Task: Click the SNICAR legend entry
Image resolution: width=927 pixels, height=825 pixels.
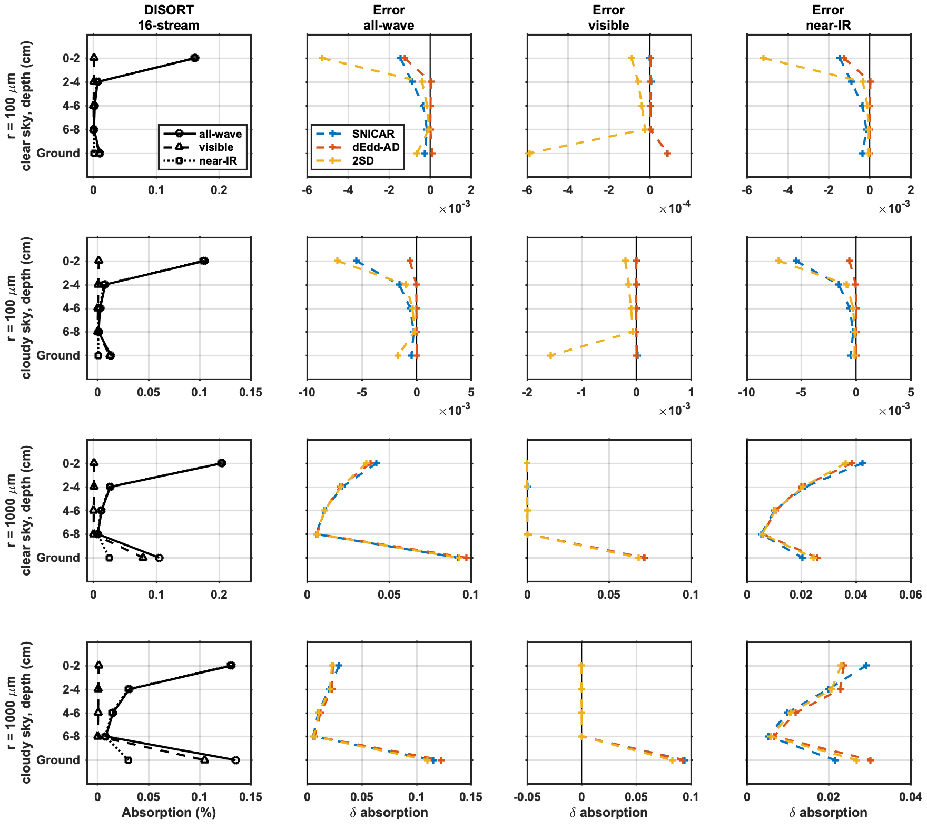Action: click(373, 134)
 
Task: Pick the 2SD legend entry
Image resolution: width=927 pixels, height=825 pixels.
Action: click(363, 161)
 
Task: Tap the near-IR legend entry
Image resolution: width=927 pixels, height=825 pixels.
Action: click(218, 161)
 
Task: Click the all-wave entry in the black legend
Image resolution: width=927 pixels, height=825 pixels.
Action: click(220, 134)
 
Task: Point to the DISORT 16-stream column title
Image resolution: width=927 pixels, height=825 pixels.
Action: click(169, 18)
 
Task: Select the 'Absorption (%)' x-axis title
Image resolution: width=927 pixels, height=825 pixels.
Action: click(169, 812)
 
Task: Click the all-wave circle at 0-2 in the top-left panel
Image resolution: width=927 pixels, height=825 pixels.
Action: click(195, 58)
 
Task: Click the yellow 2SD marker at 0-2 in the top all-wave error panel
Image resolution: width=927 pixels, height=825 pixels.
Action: click(322, 58)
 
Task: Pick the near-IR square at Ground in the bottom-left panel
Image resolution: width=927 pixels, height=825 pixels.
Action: click(128, 760)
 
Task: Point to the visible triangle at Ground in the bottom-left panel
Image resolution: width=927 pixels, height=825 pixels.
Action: click(205, 760)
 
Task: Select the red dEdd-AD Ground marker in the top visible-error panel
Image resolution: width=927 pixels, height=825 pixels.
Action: click(667, 153)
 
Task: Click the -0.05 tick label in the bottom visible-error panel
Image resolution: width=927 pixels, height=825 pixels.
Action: click(527, 797)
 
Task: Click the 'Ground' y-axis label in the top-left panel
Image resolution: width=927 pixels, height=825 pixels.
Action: click(58, 153)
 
